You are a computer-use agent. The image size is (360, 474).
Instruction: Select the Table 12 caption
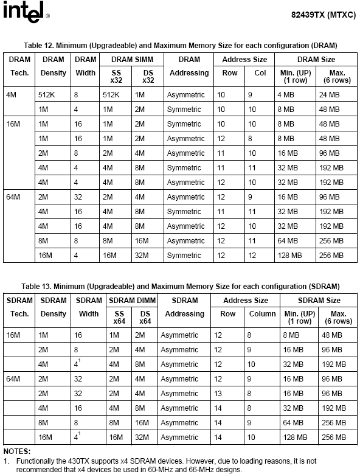[180, 46]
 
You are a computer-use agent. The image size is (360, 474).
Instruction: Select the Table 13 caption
[180, 287]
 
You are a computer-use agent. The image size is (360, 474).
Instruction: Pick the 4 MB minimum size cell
[286, 95]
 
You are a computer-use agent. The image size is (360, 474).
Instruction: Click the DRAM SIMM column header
[131, 60]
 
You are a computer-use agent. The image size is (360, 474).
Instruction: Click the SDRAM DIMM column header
[132, 301]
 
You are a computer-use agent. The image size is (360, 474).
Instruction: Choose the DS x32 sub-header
[148, 76]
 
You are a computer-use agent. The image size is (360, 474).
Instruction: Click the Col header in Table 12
[260, 73]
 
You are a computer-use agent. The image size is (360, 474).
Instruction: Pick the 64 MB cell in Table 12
[286, 241]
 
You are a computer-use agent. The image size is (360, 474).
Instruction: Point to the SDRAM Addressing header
[185, 307]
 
